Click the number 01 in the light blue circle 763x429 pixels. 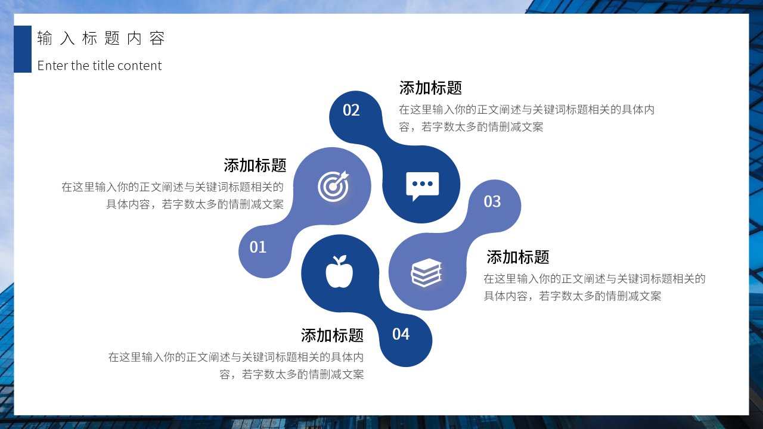point(258,247)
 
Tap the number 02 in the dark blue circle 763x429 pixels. point(351,110)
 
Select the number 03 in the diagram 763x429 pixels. point(492,202)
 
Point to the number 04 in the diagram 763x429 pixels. point(401,334)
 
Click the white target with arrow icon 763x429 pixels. point(333,186)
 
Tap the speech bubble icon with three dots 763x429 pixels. point(422,186)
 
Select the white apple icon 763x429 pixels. point(339,272)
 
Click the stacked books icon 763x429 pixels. point(426,273)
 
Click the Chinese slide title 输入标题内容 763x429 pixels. point(100,39)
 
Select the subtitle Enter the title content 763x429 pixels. point(100,66)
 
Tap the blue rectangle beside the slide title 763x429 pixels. point(23,49)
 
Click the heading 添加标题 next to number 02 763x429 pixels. point(430,88)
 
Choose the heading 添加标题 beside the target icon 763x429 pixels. point(255,165)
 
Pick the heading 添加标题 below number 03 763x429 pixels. point(517,257)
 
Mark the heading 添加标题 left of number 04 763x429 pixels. point(332,335)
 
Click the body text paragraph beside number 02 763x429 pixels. point(526,118)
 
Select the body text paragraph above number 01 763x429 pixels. point(173,195)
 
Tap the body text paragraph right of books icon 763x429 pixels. point(594,287)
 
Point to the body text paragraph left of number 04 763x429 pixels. point(236,366)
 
